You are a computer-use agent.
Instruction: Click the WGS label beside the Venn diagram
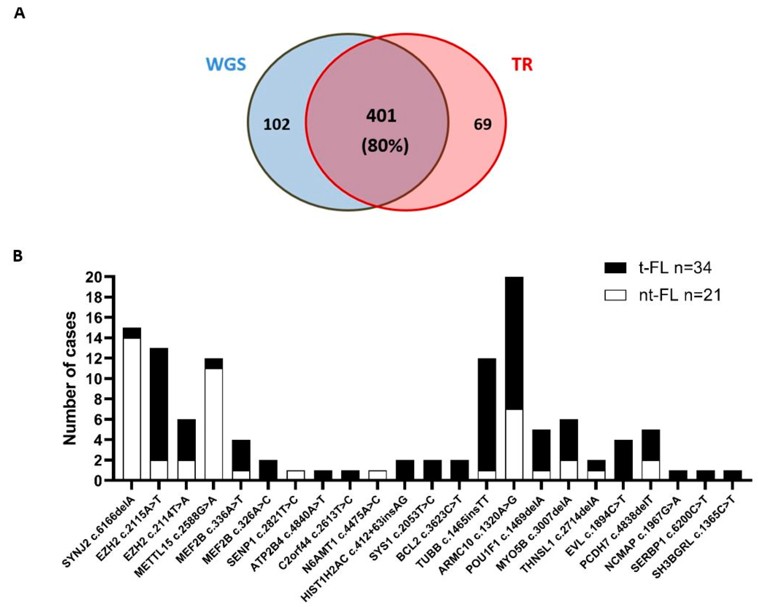click(x=226, y=65)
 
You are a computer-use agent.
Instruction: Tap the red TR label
click(x=522, y=65)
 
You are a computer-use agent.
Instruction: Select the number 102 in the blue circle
click(x=277, y=124)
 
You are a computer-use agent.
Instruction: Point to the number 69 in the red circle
click(x=483, y=124)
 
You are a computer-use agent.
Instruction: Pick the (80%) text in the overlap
click(x=385, y=146)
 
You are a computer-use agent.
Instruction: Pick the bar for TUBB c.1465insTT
click(x=487, y=419)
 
